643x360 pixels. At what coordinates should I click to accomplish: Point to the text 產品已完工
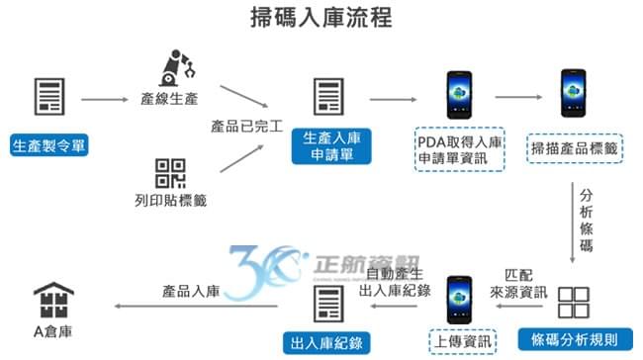247,128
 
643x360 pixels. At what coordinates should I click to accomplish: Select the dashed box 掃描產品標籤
575,148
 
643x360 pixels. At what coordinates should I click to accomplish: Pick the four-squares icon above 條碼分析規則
575,302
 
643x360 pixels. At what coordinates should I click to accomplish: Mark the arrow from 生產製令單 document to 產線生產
103,100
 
